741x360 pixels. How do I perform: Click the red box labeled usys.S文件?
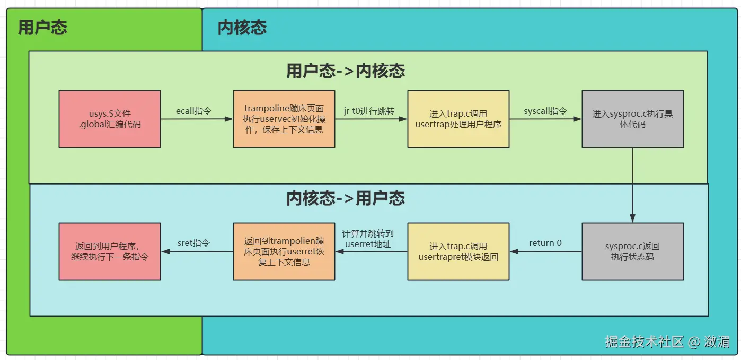110,119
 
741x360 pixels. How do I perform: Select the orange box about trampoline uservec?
284,119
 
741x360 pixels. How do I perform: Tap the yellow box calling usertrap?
458,119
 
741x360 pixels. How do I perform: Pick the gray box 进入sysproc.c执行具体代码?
632,119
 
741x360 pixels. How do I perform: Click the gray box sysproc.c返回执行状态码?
632,251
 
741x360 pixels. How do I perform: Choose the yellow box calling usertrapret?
458,251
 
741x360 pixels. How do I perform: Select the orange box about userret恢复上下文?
284,251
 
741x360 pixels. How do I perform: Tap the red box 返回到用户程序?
110,251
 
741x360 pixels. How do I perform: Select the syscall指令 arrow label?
545,111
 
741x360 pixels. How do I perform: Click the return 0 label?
545,243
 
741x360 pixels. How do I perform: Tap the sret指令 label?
193,243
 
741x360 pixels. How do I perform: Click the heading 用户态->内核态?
345,71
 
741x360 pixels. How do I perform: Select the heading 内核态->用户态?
345,198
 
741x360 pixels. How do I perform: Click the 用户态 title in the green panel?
42,28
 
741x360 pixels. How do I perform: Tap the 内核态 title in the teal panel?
242,28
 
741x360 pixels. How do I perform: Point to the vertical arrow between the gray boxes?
632,185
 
